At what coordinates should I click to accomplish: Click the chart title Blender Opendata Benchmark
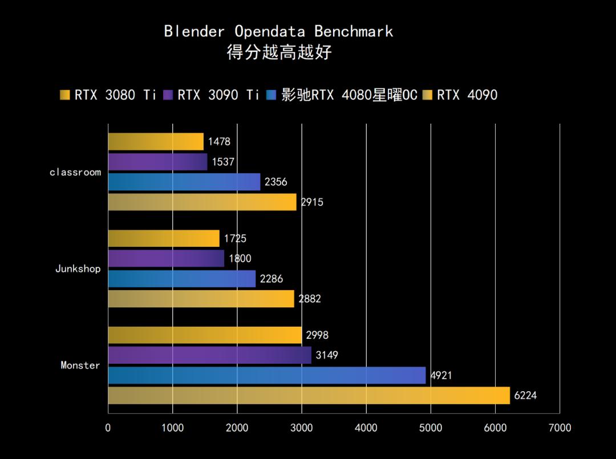coord(278,31)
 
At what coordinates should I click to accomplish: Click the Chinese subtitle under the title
coord(279,53)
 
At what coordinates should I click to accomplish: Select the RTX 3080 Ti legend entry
coord(108,95)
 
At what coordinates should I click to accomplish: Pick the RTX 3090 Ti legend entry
coord(212,95)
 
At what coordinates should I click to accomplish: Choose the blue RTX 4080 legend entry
coord(342,95)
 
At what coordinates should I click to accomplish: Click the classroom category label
coord(75,172)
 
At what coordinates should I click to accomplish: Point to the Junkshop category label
coord(78,269)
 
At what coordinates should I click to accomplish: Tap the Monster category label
coord(80,365)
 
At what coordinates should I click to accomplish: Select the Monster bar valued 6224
coord(308,395)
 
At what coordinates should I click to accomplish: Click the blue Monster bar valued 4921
coord(266,375)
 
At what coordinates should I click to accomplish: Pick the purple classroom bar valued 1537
coord(157,162)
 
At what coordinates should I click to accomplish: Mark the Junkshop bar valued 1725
coord(164,238)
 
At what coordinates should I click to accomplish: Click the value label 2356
coord(276,182)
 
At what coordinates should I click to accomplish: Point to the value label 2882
coord(310,299)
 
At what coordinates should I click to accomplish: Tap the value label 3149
coord(327,356)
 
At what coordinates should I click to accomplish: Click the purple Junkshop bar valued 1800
coord(166,259)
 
